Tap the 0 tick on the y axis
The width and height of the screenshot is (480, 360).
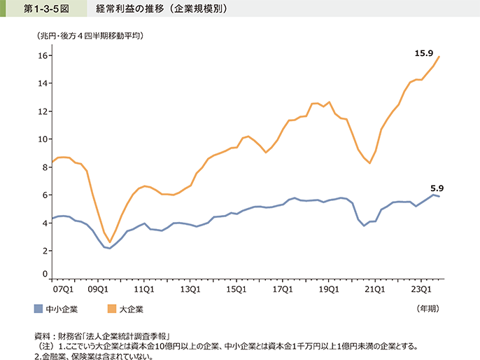click(44, 274)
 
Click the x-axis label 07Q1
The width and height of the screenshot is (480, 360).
click(64, 287)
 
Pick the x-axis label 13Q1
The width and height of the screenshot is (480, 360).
click(189, 287)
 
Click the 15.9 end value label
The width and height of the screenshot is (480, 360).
click(424, 53)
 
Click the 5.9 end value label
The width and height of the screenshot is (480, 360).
click(438, 187)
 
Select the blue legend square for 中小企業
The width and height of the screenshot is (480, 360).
click(38, 308)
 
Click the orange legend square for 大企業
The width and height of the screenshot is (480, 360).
click(111, 308)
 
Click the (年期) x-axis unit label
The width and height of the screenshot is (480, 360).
click(428, 307)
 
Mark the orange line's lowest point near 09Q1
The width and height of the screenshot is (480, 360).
click(109, 242)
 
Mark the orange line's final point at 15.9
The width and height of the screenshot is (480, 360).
click(439, 57)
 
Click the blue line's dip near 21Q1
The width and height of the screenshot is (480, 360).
click(364, 226)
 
